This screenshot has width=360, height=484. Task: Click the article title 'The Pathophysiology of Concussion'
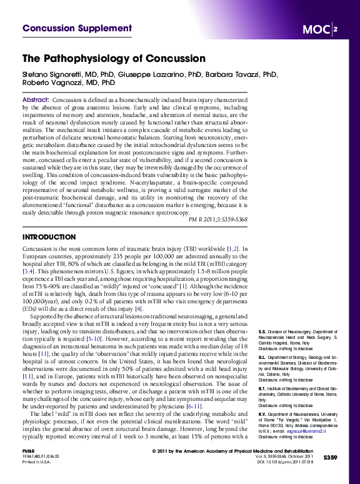click(114, 59)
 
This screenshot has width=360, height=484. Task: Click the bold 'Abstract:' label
click(36, 100)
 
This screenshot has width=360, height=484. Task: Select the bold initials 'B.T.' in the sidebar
click(262, 388)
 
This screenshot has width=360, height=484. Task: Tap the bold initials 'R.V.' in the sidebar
click(262, 414)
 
